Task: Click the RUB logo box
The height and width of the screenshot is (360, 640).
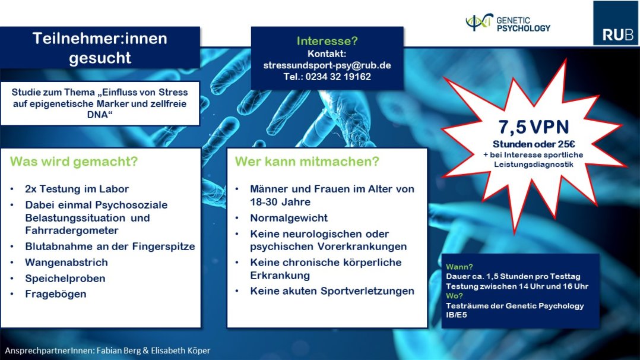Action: [x=616, y=23]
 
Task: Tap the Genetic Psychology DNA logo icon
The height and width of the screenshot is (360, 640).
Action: [x=479, y=22]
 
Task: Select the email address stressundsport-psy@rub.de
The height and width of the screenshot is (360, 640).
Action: [x=327, y=65]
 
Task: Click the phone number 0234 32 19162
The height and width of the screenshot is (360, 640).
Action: [x=338, y=77]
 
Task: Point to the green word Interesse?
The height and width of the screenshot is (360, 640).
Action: [x=327, y=41]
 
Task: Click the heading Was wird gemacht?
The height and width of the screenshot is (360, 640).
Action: [x=74, y=162]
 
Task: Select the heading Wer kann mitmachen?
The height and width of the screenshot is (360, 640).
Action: [x=307, y=162]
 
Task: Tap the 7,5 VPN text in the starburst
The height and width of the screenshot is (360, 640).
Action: [x=534, y=127]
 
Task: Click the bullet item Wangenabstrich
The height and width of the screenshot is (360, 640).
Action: [x=66, y=263]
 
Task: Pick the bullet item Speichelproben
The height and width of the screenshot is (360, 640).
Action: [x=65, y=278]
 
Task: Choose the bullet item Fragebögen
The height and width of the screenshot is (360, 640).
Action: [x=56, y=294]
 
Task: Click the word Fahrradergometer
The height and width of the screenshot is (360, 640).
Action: [x=72, y=230]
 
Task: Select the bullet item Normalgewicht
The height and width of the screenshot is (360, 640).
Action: [x=289, y=218]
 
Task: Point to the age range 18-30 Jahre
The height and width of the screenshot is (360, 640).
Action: [x=280, y=202]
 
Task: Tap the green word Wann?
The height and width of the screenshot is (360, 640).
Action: [x=459, y=267]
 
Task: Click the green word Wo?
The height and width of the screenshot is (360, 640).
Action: [x=454, y=296]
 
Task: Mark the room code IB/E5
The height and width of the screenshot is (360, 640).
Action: [x=457, y=315]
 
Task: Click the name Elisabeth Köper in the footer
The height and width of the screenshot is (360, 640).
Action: [x=180, y=350]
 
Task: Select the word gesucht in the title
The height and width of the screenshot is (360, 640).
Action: [x=100, y=58]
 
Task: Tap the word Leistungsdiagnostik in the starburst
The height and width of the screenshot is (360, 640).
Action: [x=534, y=165]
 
